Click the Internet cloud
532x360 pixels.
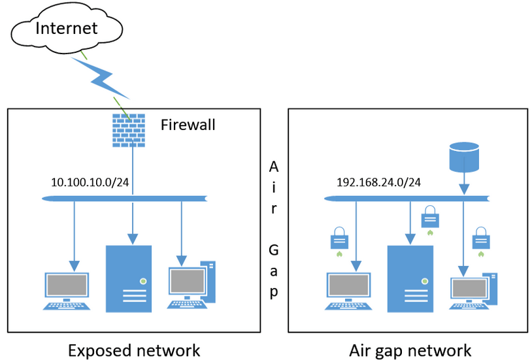click(67, 28)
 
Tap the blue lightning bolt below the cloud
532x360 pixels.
click(101, 78)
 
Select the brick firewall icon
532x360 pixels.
click(129, 130)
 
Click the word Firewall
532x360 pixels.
click(188, 125)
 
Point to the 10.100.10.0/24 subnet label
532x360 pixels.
click(90, 182)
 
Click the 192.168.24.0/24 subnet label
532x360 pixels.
click(378, 182)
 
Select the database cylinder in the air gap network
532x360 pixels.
click(464, 157)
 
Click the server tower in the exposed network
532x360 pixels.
click(129, 278)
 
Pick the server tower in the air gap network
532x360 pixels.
click(410, 278)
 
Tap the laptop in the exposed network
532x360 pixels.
click(67, 291)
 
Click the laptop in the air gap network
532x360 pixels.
click(348, 291)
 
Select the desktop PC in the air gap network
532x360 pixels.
click(474, 291)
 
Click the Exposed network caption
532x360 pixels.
click(134, 350)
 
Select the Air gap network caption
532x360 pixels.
click(410, 351)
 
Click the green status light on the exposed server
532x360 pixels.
click(143, 282)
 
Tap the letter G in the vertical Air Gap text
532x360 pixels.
click(273, 250)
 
